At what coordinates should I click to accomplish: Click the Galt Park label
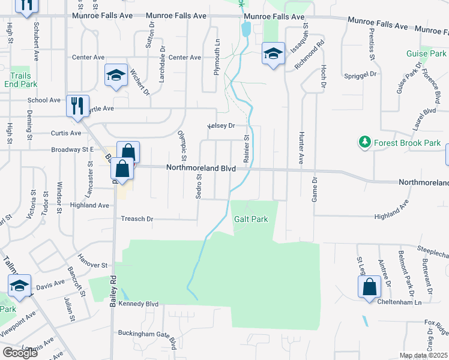pos(251,220)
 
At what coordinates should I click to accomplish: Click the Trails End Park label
pos(20,80)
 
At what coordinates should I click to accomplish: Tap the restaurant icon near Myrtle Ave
pos(77,106)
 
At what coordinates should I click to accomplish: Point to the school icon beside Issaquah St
pos(273,53)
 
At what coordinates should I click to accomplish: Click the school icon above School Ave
pos(116,75)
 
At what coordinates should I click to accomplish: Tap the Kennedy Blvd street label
pos(139,304)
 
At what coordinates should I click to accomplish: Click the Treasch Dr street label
pos(137,219)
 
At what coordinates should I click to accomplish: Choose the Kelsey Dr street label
pos(221,126)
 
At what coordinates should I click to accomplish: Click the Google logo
pos(20,353)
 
